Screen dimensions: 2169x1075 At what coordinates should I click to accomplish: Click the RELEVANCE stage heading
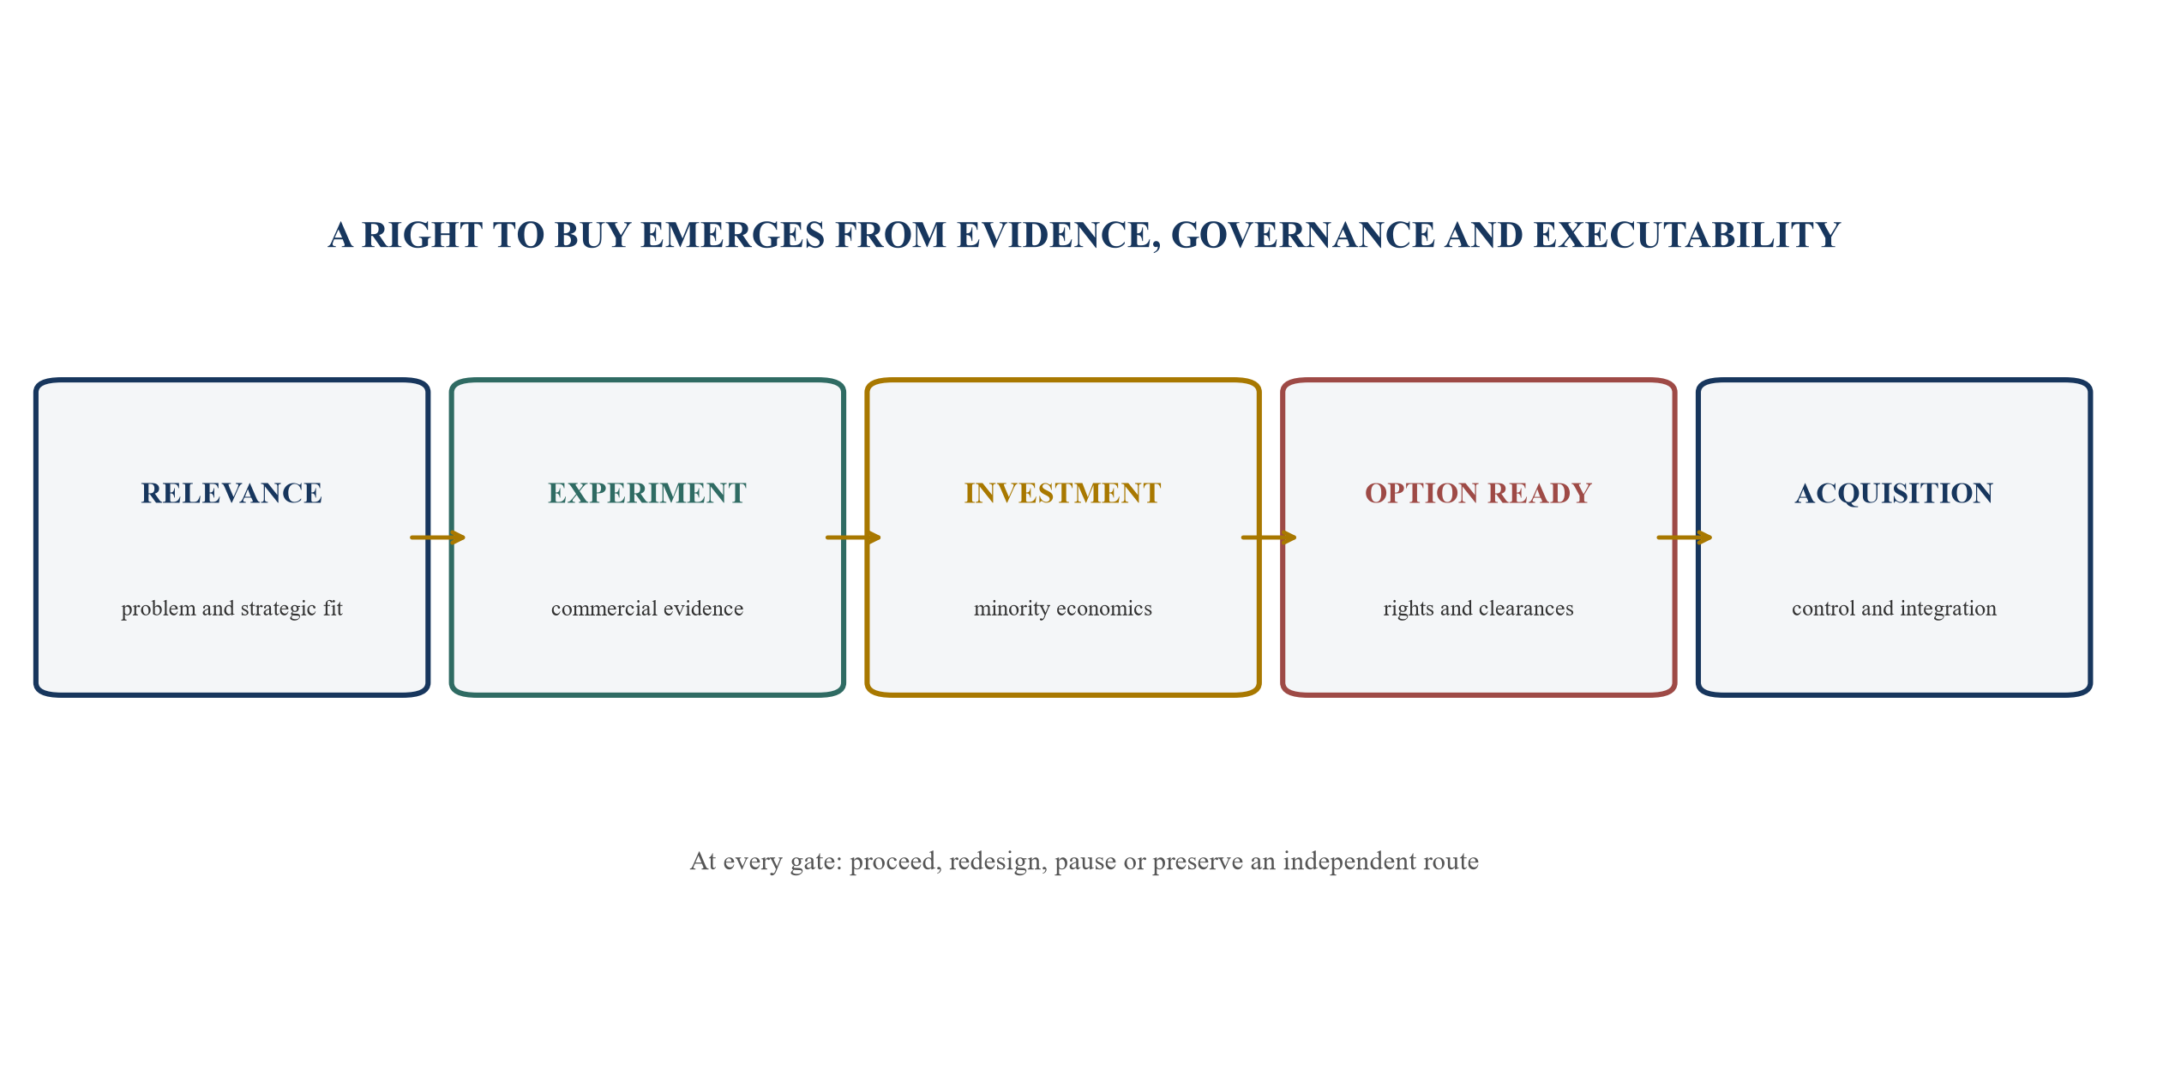tap(231, 493)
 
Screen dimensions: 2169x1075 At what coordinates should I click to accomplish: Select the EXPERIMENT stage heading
tap(647, 493)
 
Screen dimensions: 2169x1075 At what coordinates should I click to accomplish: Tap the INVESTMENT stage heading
tap(1063, 493)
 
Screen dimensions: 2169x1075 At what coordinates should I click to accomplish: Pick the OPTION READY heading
tap(1479, 493)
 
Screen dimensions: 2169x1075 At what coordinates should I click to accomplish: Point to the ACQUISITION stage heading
tap(1895, 493)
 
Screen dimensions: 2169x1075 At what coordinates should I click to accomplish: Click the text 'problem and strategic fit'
tap(231, 609)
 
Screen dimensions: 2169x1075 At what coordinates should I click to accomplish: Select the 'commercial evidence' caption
tap(647, 609)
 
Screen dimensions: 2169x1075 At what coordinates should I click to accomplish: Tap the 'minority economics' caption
tap(1063, 609)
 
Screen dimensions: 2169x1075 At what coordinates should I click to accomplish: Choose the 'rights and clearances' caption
tap(1479, 609)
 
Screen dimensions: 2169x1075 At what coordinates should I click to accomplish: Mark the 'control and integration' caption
tap(1895, 609)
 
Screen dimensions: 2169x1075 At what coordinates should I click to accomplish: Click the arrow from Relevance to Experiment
tap(438, 537)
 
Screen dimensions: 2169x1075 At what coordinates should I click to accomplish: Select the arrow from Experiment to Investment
tap(854, 537)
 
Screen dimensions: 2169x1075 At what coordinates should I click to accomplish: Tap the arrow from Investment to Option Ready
tap(1270, 537)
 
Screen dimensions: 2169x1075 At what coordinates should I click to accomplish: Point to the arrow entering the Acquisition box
tap(1685, 537)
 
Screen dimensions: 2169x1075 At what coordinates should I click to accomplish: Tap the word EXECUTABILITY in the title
tap(1686, 236)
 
